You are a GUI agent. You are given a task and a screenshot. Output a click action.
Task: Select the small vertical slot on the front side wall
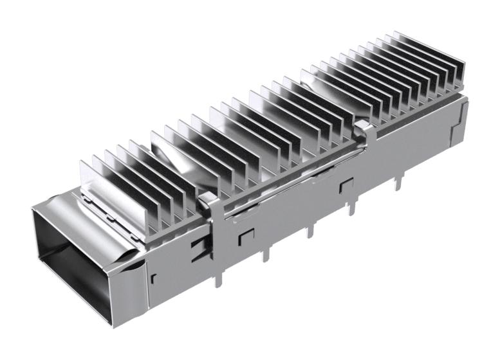pos(155,278)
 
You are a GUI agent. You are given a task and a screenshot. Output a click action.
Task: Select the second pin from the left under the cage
pos(264,254)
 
